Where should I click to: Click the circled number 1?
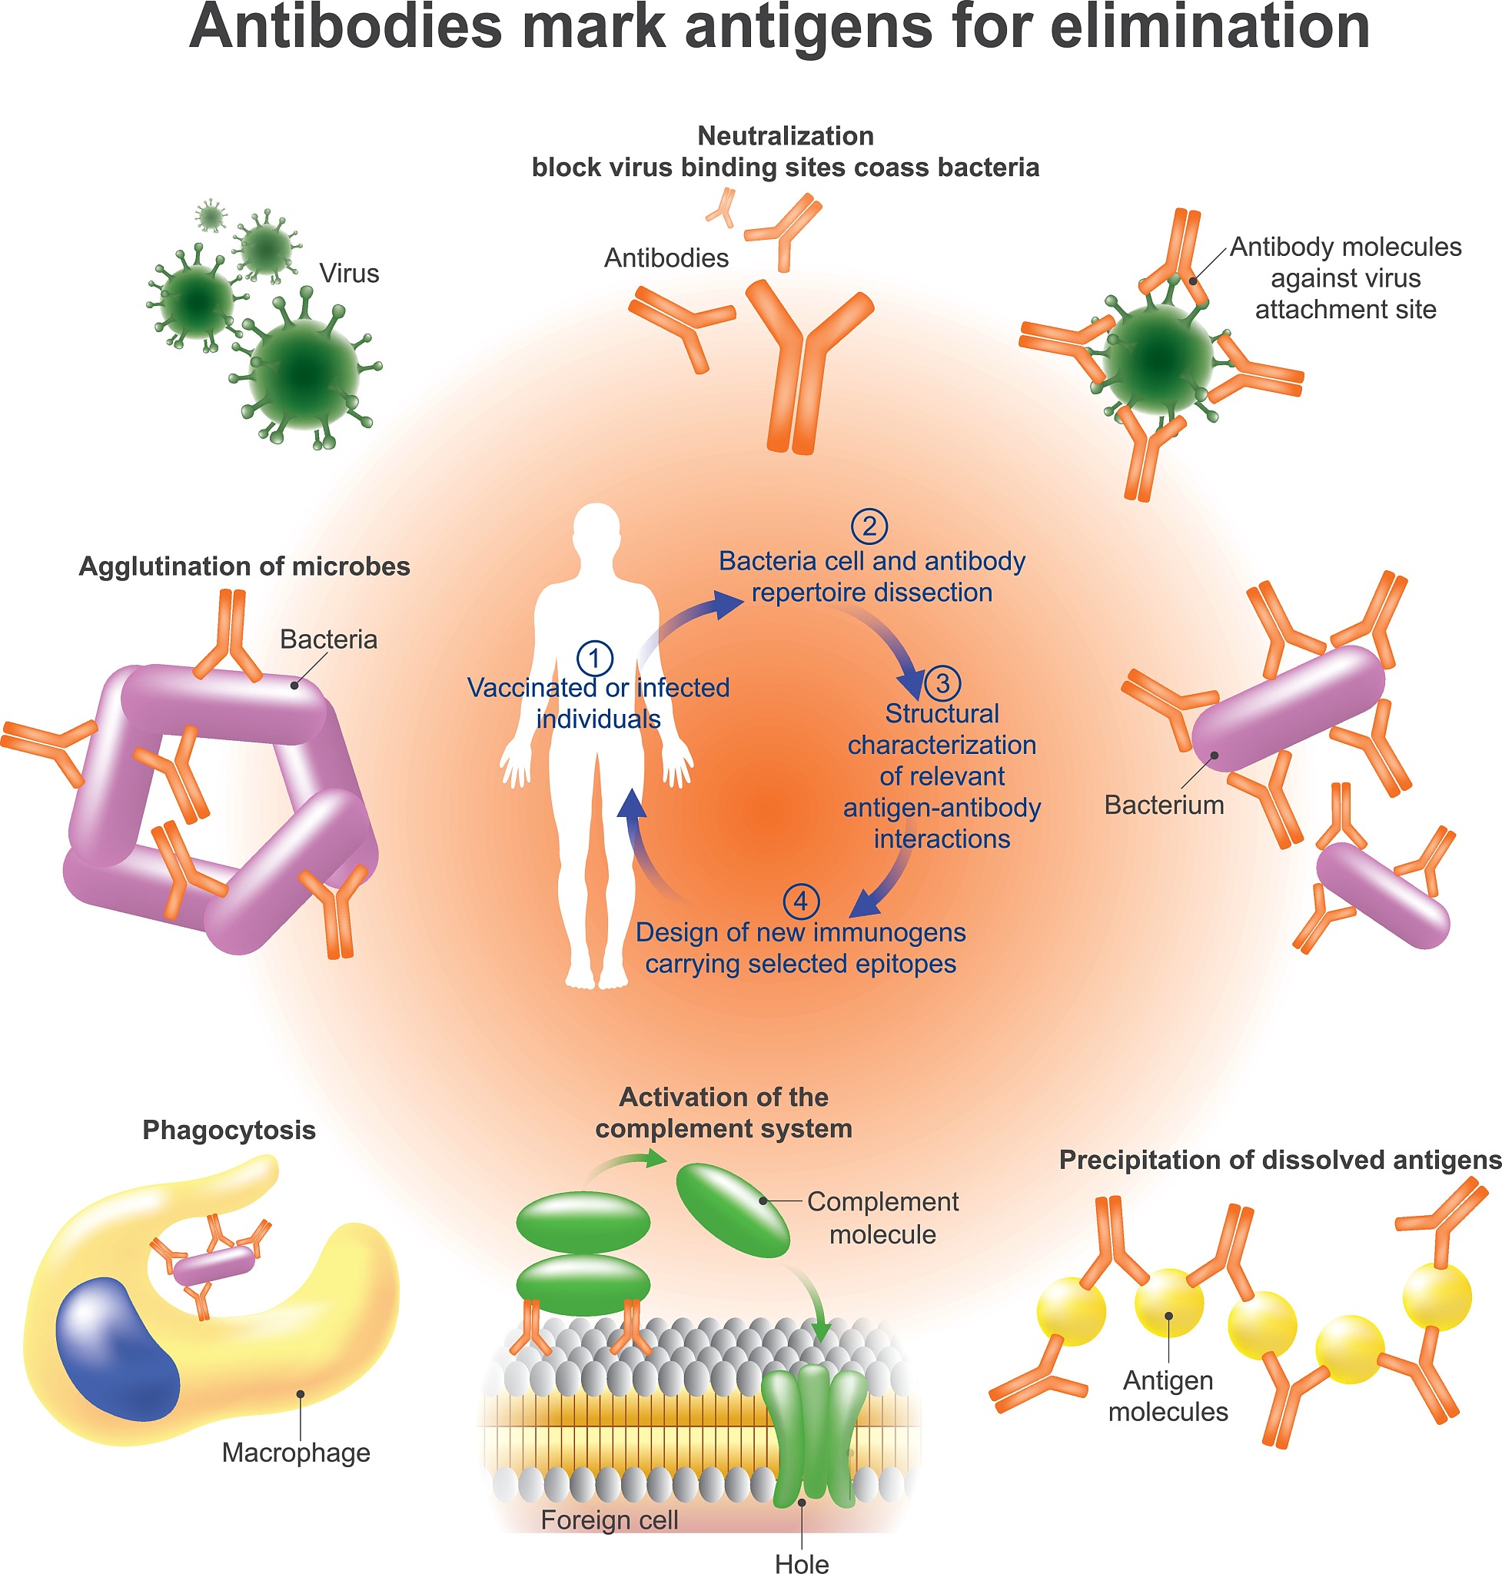(595, 658)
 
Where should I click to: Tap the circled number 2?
(869, 526)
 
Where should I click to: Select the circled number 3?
(942, 683)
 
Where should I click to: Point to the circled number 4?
(801, 902)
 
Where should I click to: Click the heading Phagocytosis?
(229, 1130)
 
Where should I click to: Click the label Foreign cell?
(610, 1519)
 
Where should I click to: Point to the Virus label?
(349, 273)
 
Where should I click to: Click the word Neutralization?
(786, 136)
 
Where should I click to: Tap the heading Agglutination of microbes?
(244, 566)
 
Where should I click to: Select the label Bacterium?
(1163, 805)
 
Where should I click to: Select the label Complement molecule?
(882, 1217)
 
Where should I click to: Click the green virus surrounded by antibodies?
(1158, 359)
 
